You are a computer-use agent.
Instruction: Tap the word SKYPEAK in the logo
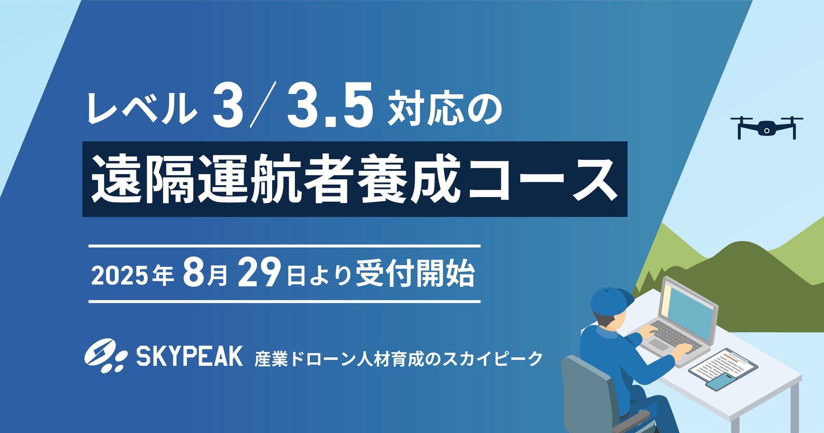tap(189, 356)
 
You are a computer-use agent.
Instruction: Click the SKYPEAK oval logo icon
tap(106, 356)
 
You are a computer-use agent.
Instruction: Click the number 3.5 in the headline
tap(331, 105)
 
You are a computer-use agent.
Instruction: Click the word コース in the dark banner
tap(543, 179)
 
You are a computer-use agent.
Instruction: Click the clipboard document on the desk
tap(723, 366)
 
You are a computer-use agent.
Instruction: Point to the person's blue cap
tap(611, 301)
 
